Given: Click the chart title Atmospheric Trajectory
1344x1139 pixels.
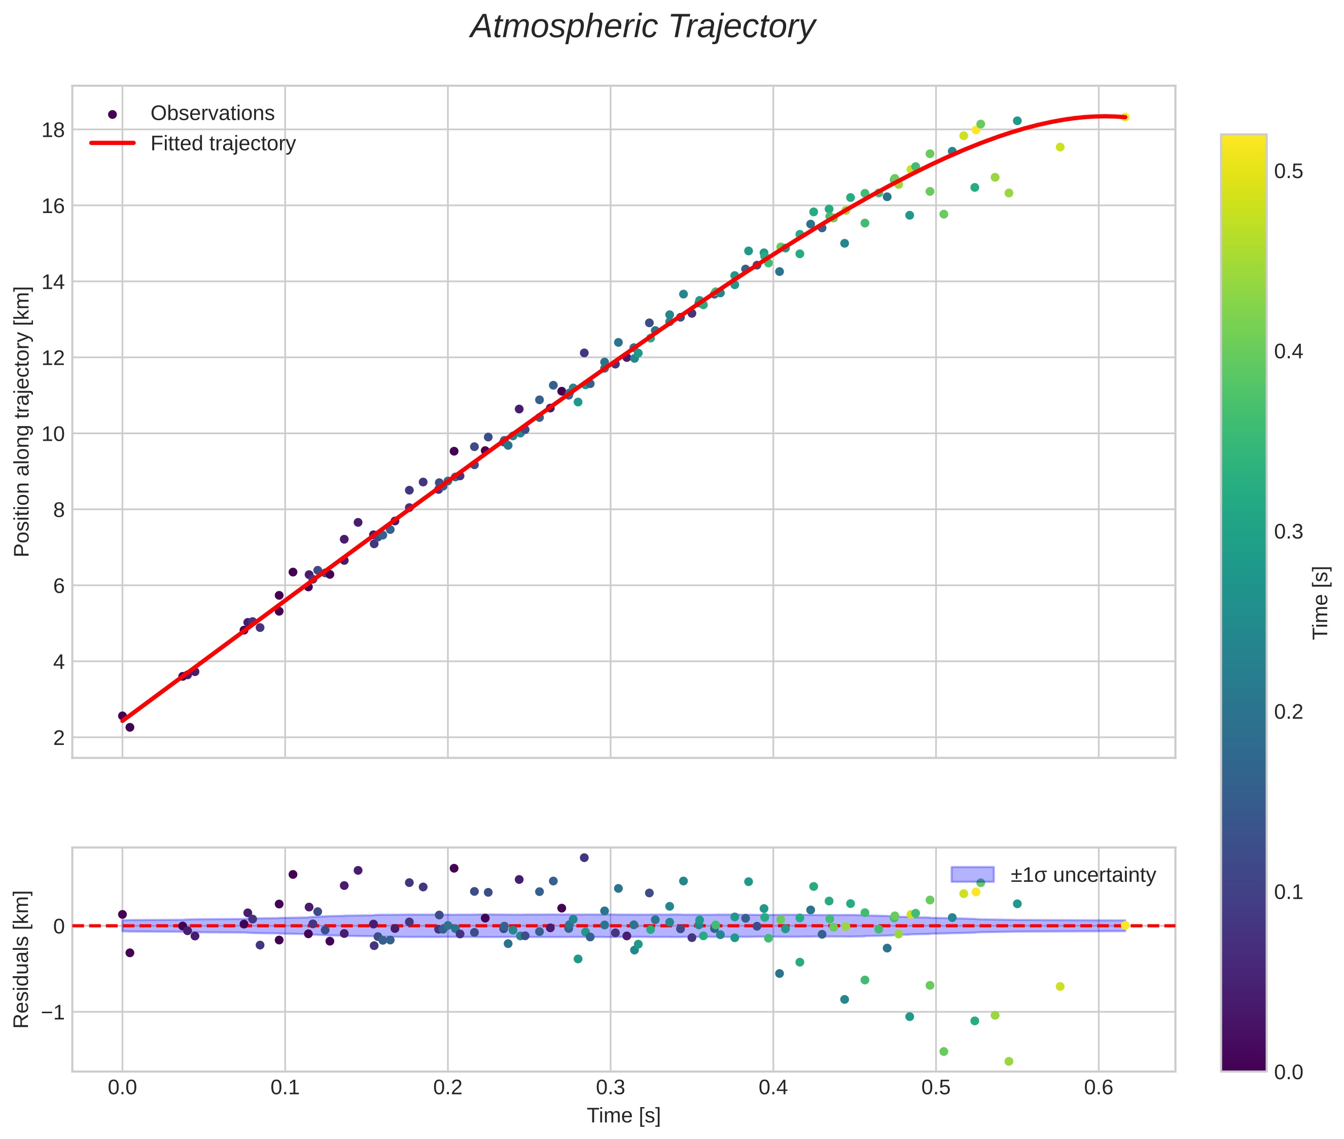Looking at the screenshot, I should coord(642,27).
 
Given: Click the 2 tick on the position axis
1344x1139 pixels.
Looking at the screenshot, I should coord(59,737).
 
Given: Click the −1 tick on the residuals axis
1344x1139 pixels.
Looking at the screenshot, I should coord(52,1012).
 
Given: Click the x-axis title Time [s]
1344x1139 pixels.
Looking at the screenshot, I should coord(623,1116).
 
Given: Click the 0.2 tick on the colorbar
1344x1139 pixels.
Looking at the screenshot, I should coord(1288,712).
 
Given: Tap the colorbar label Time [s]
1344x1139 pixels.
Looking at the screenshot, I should coord(1321,602).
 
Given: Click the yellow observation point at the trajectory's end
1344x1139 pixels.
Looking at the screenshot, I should coord(1124,117).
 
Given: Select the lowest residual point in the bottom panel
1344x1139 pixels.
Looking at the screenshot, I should coord(1009,1061).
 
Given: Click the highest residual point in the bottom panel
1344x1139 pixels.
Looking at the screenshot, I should coord(584,858).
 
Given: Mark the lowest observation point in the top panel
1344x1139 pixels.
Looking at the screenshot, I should coord(129,727).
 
